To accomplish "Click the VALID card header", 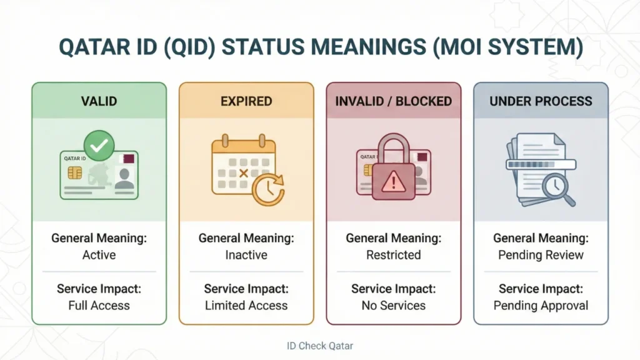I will point(99,101).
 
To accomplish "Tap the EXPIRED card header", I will point(246,101).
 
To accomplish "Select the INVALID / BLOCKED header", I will point(393,101).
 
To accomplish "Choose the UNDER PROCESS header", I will point(541,101).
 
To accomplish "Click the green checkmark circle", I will point(99,145).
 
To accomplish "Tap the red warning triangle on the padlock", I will point(393,182).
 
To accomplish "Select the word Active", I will point(99,255).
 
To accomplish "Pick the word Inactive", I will point(246,255).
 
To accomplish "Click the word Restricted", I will point(393,255).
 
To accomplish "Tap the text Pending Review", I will point(541,255).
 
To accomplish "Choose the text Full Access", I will point(99,306).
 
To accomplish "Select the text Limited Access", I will point(246,306).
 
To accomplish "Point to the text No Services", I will point(393,306).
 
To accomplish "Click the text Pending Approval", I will point(541,306).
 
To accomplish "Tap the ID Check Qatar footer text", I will point(320,346).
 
